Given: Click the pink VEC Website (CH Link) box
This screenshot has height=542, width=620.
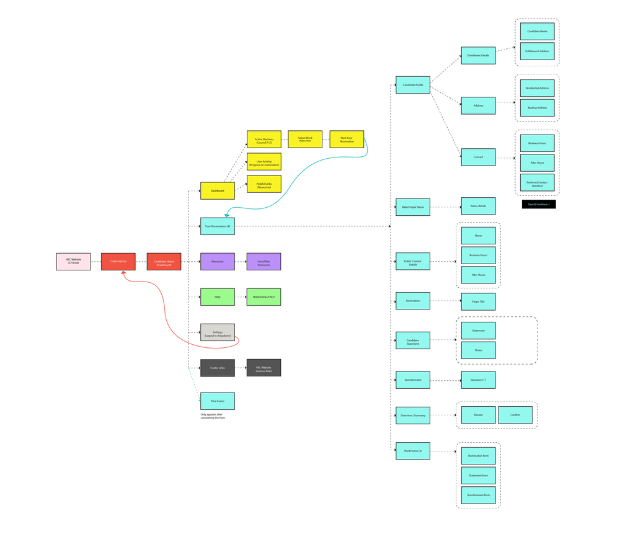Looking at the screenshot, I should click(73, 262).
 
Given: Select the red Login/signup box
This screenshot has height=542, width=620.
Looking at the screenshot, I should click(118, 262).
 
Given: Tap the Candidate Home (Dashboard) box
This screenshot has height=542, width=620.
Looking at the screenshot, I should click(164, 262).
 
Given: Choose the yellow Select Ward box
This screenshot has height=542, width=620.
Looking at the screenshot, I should click(305, 139).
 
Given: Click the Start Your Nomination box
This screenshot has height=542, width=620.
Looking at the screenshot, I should click(347, 139).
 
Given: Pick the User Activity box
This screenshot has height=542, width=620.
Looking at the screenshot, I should click(264, 162).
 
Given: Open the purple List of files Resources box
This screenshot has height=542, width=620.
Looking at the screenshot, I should click(263, 262).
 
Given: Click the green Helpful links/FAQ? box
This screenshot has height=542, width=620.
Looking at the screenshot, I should click(263, 297).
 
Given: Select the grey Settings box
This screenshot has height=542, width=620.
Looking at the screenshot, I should click(218, 333).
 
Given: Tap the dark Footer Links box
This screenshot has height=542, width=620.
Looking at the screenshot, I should click(218, 368).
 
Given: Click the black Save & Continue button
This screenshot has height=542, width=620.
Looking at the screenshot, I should click(539, 204).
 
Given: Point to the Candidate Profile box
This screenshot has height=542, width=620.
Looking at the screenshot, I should click(413, 85).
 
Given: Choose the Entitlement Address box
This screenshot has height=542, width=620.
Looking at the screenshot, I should click(538, 51).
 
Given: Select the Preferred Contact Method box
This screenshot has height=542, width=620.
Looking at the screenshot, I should click(538, 183).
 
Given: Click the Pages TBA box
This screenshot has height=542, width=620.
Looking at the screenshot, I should click(478, 301).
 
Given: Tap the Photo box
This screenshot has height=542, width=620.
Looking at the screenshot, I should click(478, 350).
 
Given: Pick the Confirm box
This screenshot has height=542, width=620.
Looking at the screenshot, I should click(515, 415).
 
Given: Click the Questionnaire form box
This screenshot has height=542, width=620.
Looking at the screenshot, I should click(478, 495).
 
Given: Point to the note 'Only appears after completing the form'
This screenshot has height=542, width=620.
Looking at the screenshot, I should click(213, 416).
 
